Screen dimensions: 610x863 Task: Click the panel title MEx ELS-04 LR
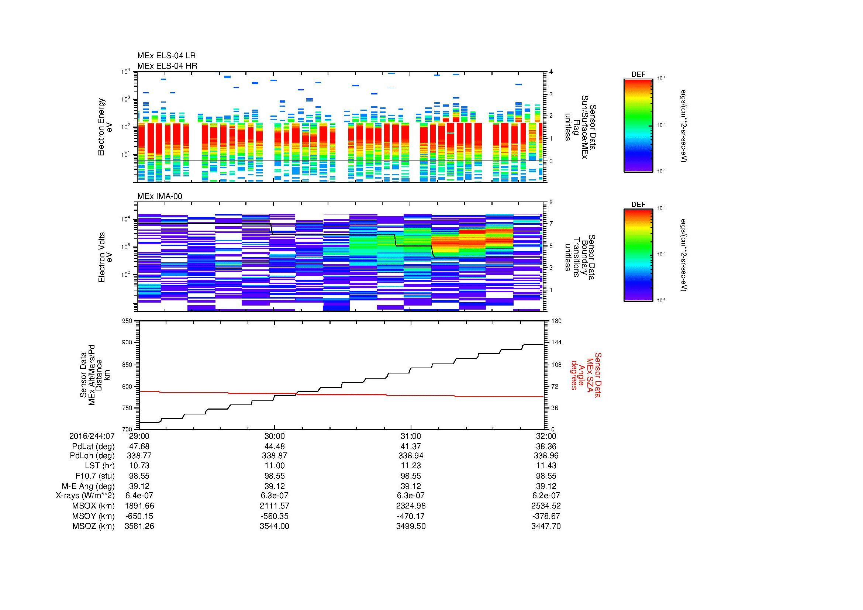[x=166, y=56]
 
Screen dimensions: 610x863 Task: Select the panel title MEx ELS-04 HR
[x=167, y=66]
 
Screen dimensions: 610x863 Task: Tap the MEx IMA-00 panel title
[x=159, y=196]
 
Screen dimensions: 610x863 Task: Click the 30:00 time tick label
[x=275, y=436]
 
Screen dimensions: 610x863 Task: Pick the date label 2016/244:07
[x=92, y=436]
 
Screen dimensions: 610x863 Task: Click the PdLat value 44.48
[x=275, y=447]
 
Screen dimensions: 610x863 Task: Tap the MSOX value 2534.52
[x=546, y=506]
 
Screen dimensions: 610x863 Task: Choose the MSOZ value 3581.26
[x=139, y=526]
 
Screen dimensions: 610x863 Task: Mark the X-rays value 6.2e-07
[x=546, y=496]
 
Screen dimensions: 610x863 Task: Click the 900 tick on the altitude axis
[x=128, y=342]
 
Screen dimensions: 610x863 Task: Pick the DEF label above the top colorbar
[x=638, y=75]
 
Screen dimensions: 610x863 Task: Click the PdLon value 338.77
[x=139, y=456]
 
